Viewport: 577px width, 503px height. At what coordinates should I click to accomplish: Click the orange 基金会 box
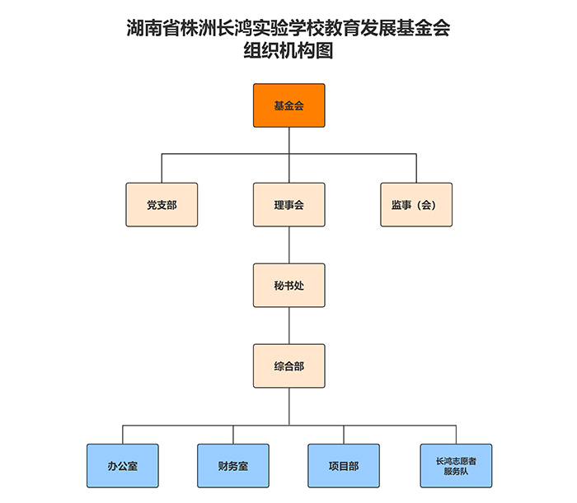click(x=288, y=105)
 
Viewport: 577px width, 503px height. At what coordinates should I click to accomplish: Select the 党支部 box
click(x=162, y=205)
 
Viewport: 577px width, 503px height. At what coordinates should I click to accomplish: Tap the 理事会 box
click(x=288, y=205)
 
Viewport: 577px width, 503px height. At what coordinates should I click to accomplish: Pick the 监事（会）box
click(x=415, y=205)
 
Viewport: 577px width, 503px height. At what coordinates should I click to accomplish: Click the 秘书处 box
click(x=288, y=285)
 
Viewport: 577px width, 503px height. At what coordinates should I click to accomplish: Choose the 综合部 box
click(x=288, y=366)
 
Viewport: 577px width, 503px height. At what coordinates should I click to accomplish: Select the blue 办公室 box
click(x=122, y=466)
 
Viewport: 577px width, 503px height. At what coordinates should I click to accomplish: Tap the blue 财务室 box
click(x=233, y=466)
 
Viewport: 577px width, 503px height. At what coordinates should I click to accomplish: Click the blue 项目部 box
click(x=344, y=466)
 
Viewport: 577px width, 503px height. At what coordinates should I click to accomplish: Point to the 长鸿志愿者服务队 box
click(x=455, y=466)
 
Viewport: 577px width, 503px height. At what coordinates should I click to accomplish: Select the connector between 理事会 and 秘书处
click(x=288, y=245)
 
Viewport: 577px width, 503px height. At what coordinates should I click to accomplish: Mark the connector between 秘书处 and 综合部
click(x=288, y=325)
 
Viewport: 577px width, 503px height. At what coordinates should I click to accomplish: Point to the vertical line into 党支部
click(x=162, y=168)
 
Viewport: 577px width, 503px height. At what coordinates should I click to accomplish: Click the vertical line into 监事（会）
click(x=415, y=168)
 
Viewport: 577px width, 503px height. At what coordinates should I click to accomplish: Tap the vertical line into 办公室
click(x=122, y=435)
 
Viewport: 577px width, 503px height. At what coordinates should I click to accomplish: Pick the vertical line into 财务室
click(x=233, y=435)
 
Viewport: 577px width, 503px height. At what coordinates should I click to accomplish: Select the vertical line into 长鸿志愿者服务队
click(x=455, y=435)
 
